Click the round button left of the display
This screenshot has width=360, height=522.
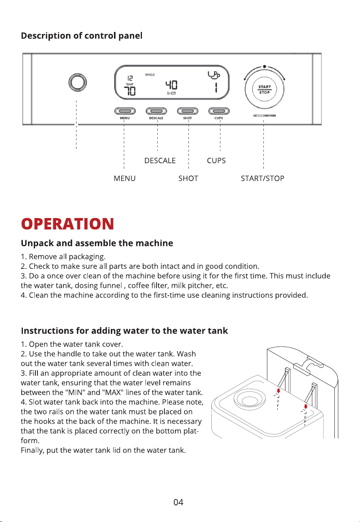78,82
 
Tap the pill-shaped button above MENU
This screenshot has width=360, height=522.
125,111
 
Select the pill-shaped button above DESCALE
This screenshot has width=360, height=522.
157,111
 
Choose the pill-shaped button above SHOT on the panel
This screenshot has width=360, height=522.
188,111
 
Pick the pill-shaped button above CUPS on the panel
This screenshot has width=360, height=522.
219,111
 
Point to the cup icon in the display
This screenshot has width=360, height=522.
214,75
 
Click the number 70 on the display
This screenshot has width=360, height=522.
130,91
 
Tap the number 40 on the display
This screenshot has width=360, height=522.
172,85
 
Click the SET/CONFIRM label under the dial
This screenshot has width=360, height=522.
265,116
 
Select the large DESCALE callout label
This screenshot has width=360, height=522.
160,160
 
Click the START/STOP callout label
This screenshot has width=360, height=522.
262,178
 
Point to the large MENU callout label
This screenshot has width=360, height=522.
125,178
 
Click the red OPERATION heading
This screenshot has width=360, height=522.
67,224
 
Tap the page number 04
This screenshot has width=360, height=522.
178,502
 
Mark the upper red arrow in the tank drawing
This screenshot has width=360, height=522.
278,391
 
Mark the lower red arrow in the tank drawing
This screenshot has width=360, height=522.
306,406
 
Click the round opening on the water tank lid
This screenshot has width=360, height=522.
250,400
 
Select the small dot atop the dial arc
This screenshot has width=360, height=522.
265,66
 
